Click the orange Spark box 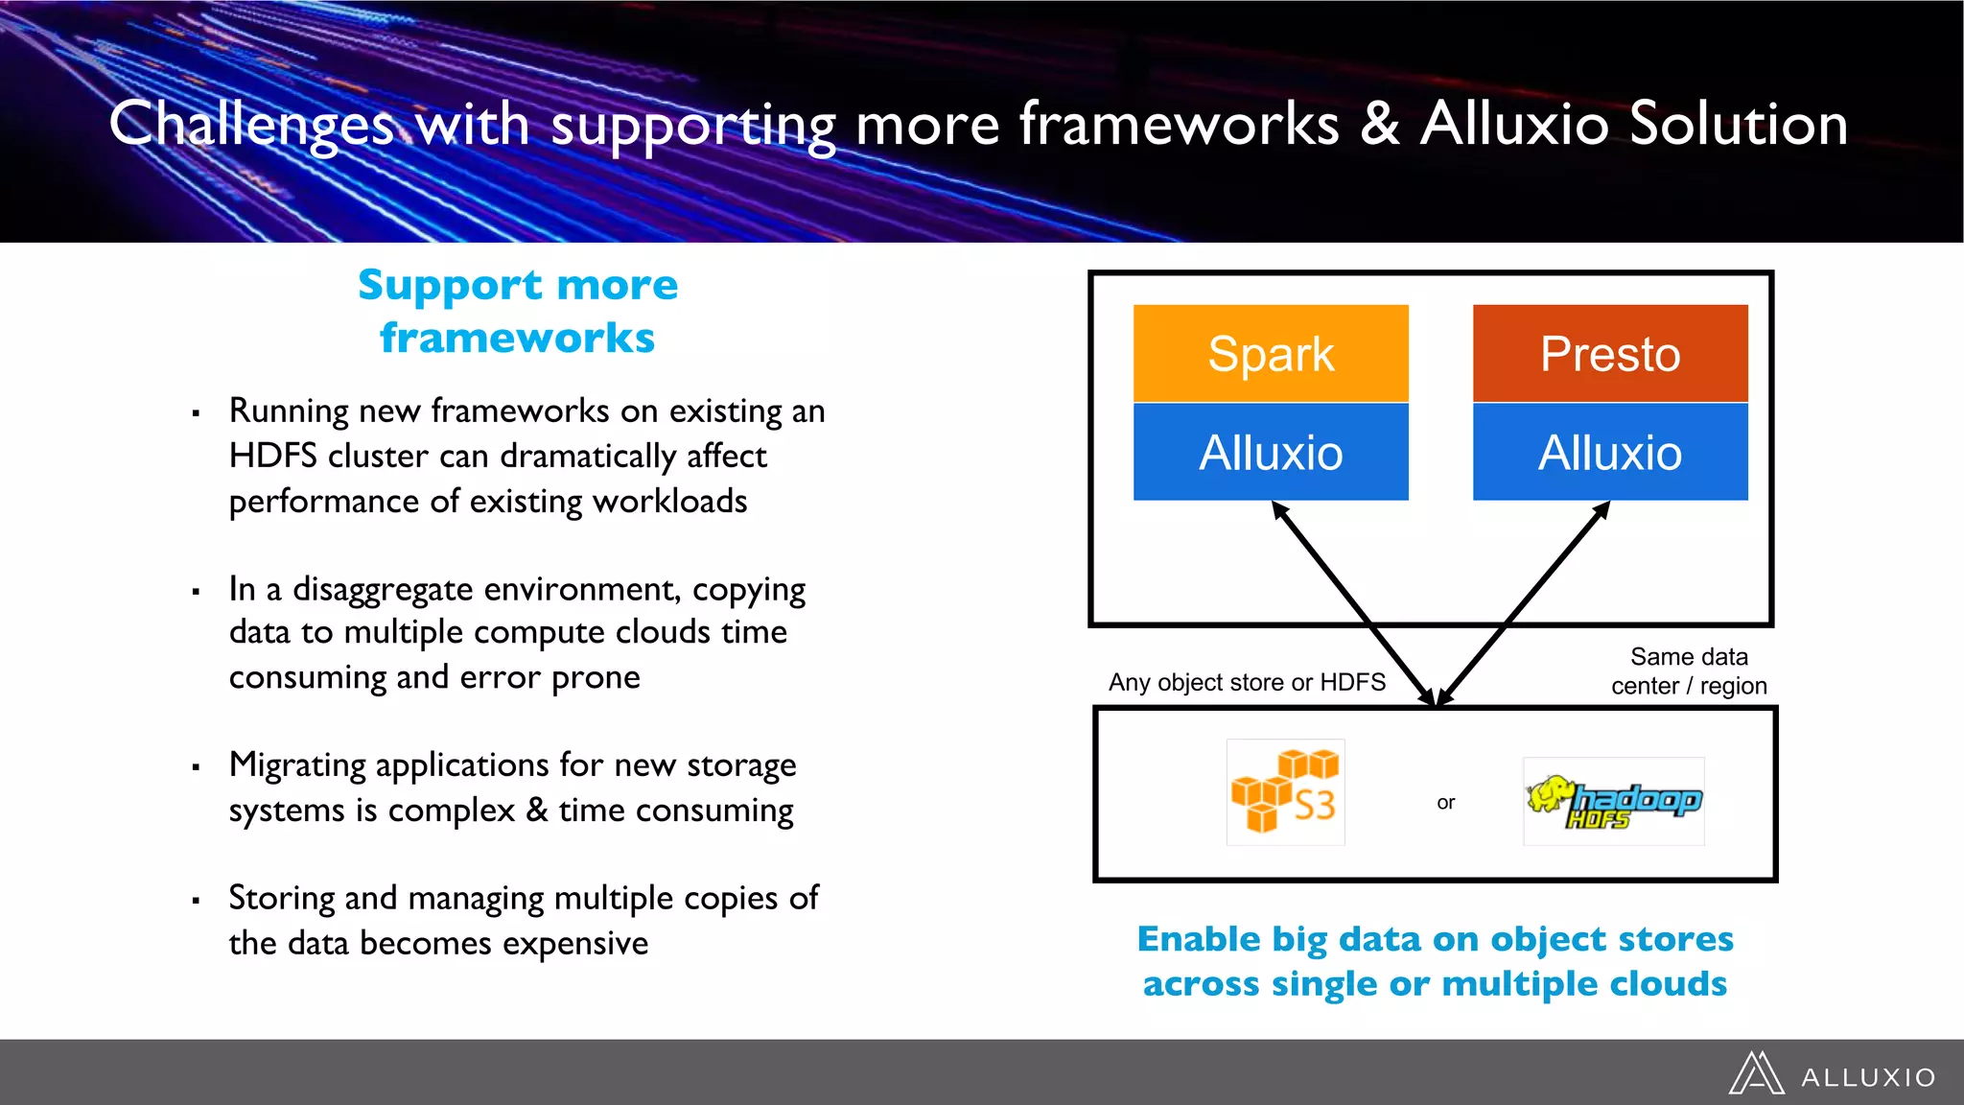click(1271, 354)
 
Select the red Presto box click(1610, 354)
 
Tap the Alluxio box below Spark click(1271, 452)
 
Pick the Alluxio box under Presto click(1610, 452)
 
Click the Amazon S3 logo click(1285, 792)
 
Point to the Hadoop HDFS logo click(1614, 802)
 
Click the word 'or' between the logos click(1446, 803)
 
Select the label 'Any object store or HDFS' click(1247, 682)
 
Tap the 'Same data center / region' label click(1689, 671)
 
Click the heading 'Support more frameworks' click(518, 311)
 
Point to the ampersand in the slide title click(1379, 125)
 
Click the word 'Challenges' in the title click(251, 125)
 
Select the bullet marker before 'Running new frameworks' click(196, 414)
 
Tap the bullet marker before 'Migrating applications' click(196, 767)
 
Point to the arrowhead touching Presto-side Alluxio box click(1602, 509)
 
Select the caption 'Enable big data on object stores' click(1436, 938)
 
